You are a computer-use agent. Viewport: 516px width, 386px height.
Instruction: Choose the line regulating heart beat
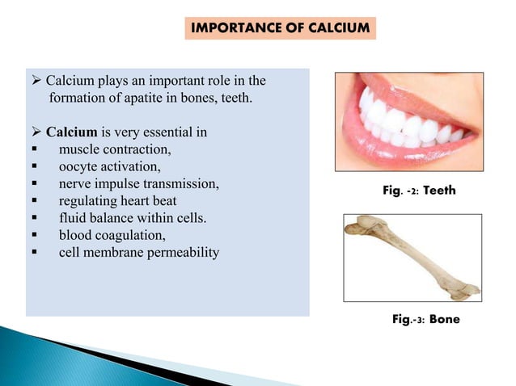point(117,201)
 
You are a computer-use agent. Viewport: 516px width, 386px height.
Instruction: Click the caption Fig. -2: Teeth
point(419,191)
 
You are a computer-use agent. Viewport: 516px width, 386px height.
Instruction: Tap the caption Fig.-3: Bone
point(425,319)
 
